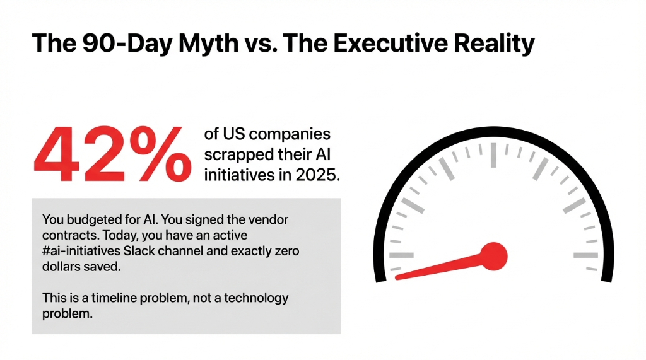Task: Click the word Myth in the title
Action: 208,44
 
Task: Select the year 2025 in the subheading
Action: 317,175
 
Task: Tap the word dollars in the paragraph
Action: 63,267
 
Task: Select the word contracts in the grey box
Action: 66,236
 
